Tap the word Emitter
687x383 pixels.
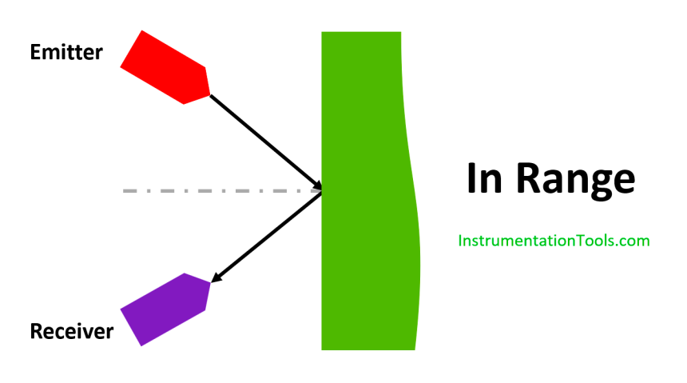tap(66, 53)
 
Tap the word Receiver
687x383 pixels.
tap(71, 331)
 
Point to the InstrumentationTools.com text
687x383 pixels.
tap(554, 240)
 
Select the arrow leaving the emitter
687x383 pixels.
tap(264, 141)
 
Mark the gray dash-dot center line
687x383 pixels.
tap(216, 191)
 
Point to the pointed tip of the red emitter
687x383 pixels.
tap(208, 94)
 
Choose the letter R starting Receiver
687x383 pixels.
tap(37, 330)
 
